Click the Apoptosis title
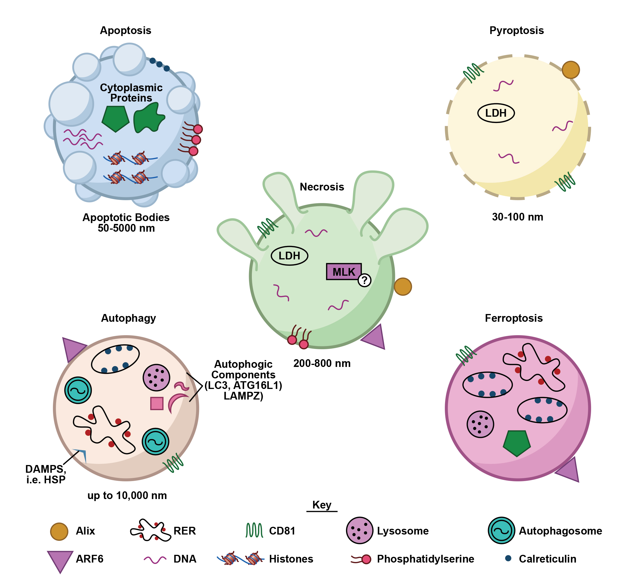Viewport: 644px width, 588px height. click(126, 31)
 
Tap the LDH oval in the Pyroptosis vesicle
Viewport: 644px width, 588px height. click(496, 113)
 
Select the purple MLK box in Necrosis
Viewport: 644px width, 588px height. click(344, 272)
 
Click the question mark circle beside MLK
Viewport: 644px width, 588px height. click(364, 280)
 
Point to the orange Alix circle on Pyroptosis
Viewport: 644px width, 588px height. click(570, 70)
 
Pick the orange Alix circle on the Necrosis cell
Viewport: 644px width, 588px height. click(402, 286)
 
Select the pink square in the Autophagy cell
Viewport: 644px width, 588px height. click(157, 404)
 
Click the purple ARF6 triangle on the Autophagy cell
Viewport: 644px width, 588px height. click(72, 348)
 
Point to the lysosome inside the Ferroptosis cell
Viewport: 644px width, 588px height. click(480, 424)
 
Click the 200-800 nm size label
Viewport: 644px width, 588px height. click(322, 363)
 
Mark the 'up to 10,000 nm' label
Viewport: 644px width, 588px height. click(127, 495)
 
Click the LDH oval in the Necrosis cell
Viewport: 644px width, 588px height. click(289, 256)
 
